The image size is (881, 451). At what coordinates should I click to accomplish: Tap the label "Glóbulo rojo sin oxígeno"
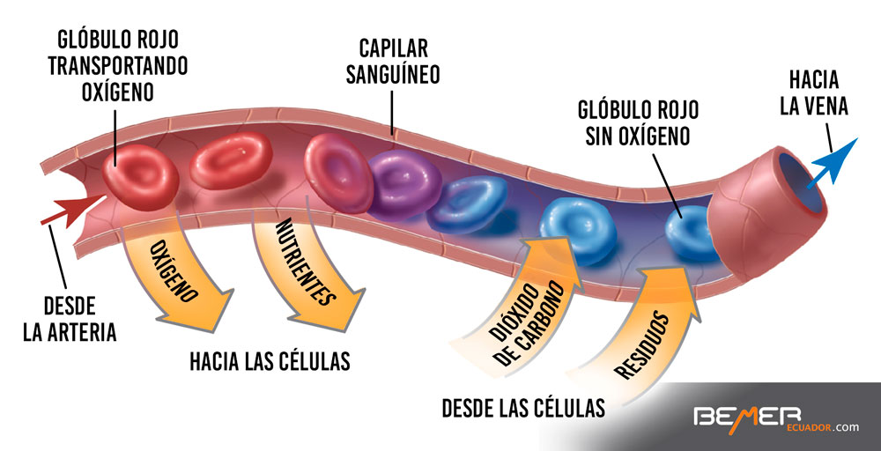tap(639, 122)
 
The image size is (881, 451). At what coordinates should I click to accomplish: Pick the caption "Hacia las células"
tap(270, 361)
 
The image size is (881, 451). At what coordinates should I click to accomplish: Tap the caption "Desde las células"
tap(523, 408)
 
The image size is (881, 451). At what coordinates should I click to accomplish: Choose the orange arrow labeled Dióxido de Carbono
tap(523, 304)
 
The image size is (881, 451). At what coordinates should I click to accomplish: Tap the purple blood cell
tap(404, 182)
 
